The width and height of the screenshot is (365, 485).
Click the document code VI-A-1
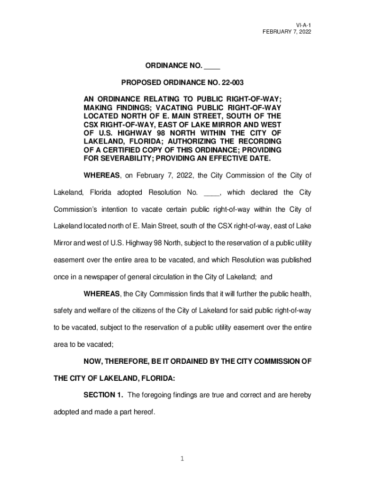point(303,24)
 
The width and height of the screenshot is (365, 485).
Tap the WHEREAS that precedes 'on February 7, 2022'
point(101,176)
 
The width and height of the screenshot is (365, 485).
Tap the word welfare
point(94,310)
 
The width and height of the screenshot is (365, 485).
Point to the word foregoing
point(158,395)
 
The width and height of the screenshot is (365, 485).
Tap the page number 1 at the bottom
point(182,459)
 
